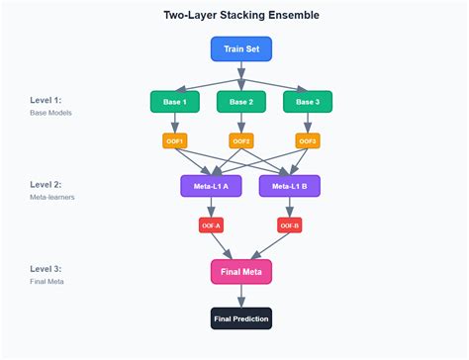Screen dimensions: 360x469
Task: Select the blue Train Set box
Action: [241, 48]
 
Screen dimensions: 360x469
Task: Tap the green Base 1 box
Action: [175, 101]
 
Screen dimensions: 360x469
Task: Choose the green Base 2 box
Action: [241, 101]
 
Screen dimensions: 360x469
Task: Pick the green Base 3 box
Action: [308, 101]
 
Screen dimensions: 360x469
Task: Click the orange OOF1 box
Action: [175, 141]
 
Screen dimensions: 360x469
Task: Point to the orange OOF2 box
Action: [241, 141]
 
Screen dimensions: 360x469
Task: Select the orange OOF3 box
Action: [308, 141]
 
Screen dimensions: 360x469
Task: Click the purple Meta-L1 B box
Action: [288, 185]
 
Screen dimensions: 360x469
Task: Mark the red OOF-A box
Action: [211, 225]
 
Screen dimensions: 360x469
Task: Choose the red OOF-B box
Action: [288, 225]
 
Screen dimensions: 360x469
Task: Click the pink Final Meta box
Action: [241, 271]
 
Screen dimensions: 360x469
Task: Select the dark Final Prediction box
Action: [241, 318]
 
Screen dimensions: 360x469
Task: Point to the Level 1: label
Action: [45, 101]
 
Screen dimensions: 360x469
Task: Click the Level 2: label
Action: [45, 185]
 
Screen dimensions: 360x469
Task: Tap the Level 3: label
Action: [45, 269]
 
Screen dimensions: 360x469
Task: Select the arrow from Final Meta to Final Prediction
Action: [241, 296]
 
